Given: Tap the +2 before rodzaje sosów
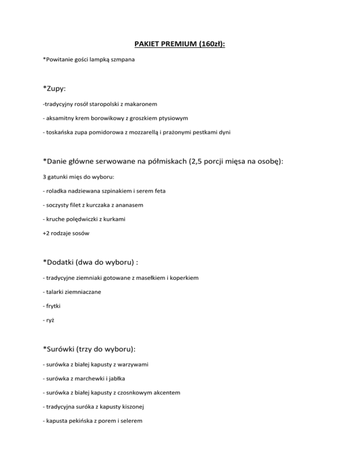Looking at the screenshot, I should [x=46, y=234].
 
